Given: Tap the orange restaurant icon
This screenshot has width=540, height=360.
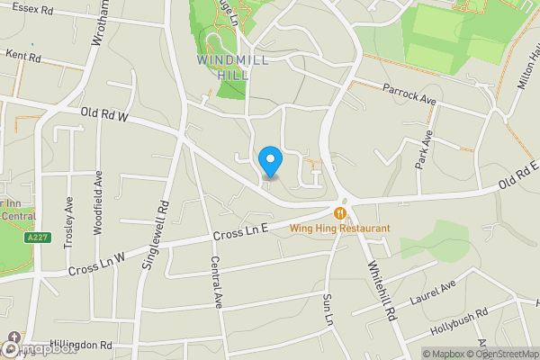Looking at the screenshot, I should pos(340,213).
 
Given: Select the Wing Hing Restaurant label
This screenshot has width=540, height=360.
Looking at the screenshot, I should pos(339,229).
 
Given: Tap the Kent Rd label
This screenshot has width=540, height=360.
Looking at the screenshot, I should pos(23,56).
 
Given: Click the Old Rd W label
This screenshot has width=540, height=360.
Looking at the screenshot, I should pos(105,116).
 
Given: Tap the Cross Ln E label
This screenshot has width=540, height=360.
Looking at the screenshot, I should pos(242,235).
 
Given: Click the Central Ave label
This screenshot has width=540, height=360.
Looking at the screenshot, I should pos(216,281).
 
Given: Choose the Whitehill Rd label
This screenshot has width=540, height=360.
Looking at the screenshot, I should pos(382,291).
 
